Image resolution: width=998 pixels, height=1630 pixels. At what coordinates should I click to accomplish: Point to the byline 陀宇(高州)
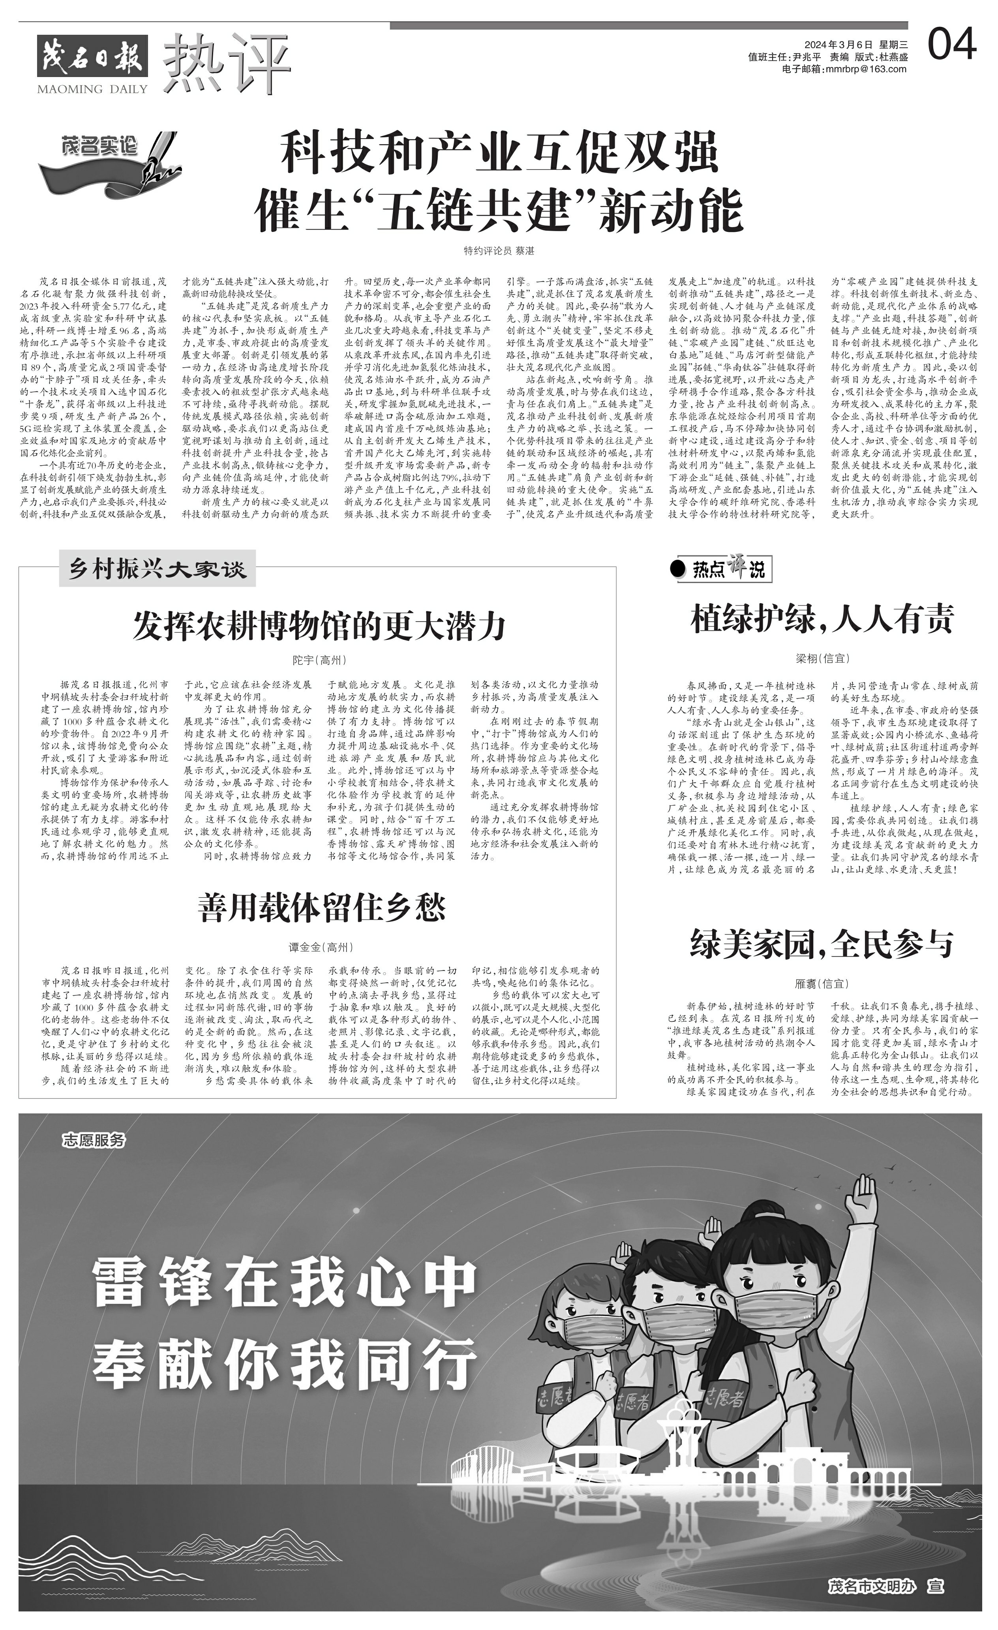(x=319, y=660)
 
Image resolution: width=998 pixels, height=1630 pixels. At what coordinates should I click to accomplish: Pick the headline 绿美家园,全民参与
(x=822, y=943)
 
